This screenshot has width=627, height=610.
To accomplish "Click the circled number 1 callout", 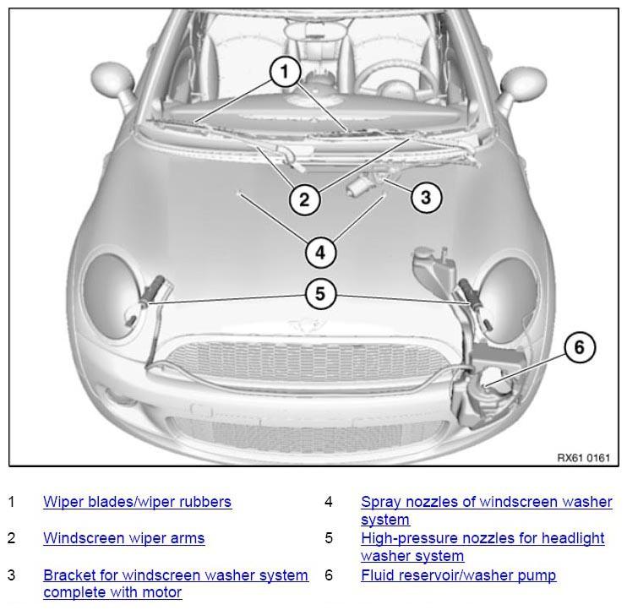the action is click(x=284, y=72).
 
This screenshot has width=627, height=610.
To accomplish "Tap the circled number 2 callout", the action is click(x=304, y=199).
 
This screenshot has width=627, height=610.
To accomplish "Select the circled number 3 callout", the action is click(x=426, y=197).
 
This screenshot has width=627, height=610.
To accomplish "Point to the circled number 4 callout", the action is click(x=320, y=253).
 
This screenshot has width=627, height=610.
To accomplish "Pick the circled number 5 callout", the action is click(x=320, y=294).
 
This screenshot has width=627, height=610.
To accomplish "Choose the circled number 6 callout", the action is click(x=580, y=347).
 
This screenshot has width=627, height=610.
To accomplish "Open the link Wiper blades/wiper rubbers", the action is click(x=137, y=502).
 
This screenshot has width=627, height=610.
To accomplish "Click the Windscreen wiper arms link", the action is click(x=124, y=538).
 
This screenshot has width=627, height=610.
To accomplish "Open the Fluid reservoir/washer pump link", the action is click(x=458, y=575).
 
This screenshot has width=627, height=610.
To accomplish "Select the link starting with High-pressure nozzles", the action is click(x=483, y=547).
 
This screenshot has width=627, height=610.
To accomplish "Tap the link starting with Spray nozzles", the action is click(x=486, y=510).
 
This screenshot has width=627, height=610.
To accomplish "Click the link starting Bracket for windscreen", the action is click(x=176, y=584).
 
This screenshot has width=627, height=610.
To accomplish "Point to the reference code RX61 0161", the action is click(x=583, y=458).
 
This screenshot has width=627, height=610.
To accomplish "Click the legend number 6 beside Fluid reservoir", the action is click(x=329, y=575).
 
